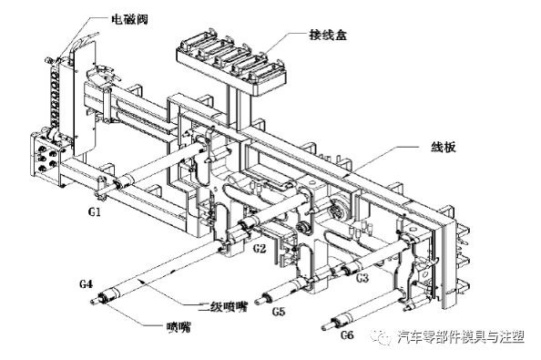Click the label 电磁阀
[129, 18]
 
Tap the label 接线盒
[328, 35]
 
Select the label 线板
[443, 147]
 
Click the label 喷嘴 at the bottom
[179, 326]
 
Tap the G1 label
[94, 211]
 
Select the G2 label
[260, 248]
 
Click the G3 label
[362, 277]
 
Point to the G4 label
[86, 283]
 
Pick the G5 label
[279, 312]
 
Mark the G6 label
[347, 334]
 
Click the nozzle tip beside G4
[95, 302]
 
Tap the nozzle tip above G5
[259, 302]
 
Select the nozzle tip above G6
[326, 327]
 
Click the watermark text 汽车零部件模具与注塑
[461, 336]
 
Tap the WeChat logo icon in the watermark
[382, 336]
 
